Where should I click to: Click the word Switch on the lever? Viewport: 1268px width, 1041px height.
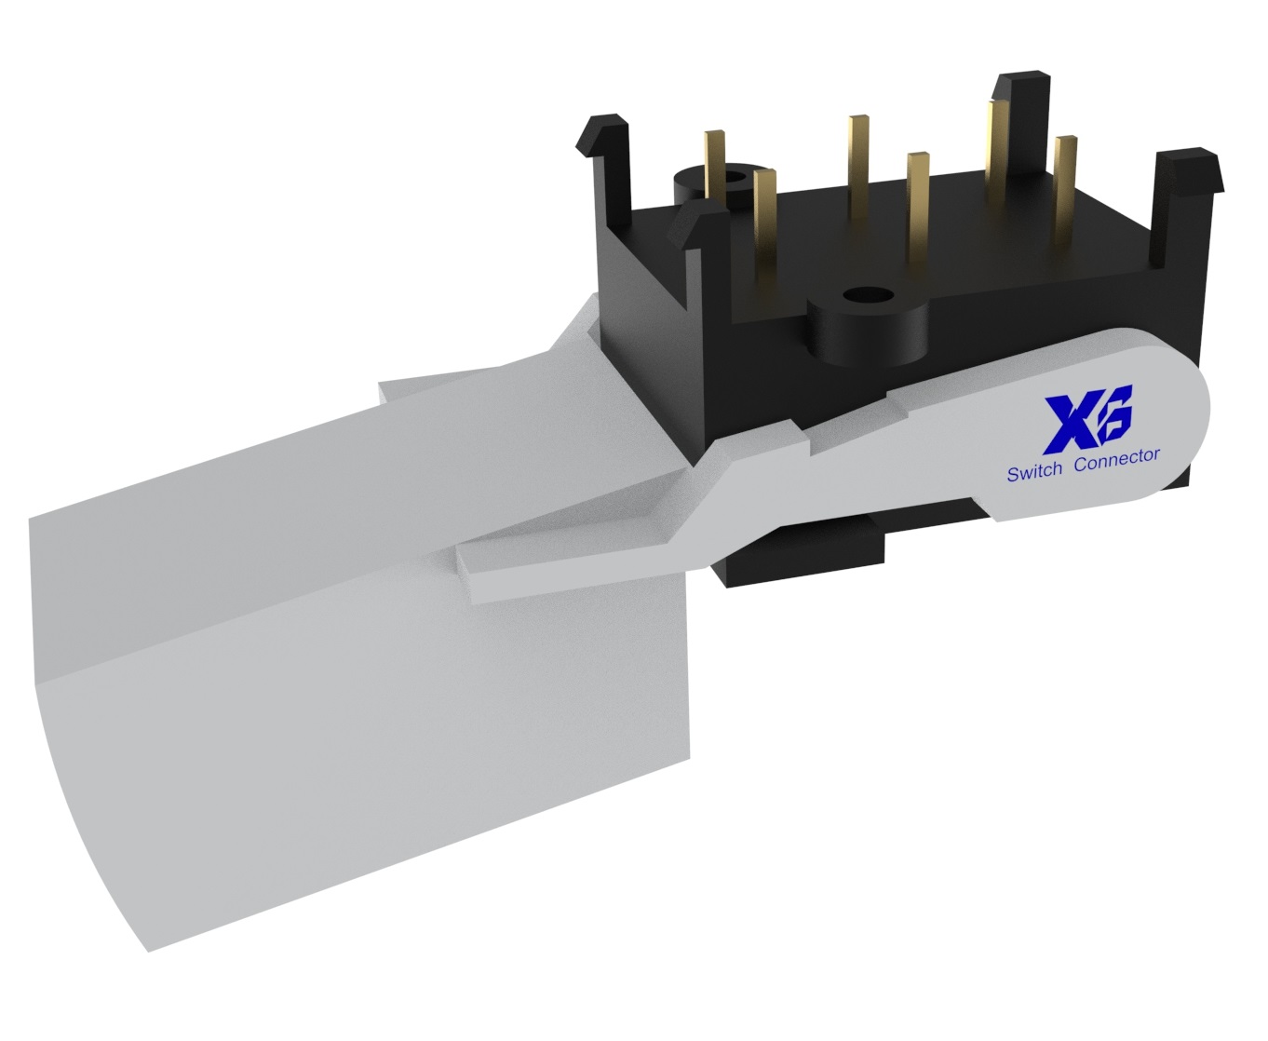coord(1033,472)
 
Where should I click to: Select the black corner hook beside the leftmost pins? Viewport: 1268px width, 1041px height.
coord(695,228)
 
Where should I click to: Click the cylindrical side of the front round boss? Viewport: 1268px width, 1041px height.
coord(865,335)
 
